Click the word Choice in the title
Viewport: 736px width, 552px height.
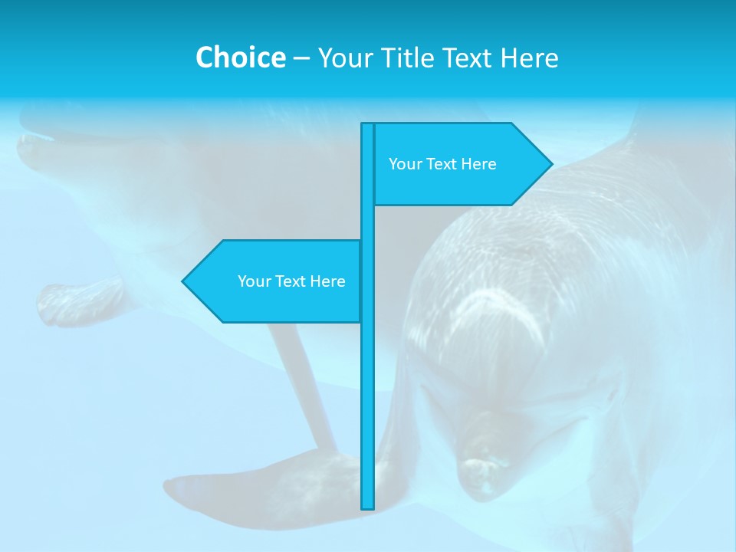tap(240, 58)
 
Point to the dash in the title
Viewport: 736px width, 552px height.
tap(301, 58)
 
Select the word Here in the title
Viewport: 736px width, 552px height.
tap(529, 58)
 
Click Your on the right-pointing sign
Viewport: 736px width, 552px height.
tap(404, 164)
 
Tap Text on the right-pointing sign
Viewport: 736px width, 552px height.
tap(441, 164)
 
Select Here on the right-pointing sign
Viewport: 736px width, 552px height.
tap(478, 164)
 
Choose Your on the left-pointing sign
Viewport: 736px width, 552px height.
tap(253, 281)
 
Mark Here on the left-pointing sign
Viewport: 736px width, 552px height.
tap(327, 281)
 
